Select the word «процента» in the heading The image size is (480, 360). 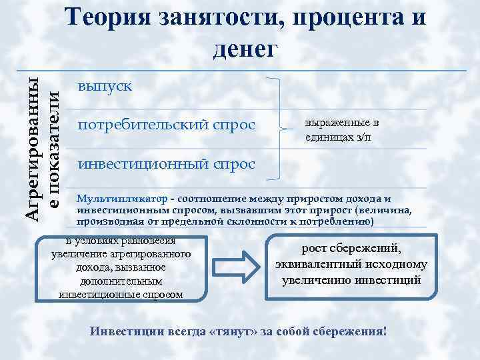[x=338, y=18]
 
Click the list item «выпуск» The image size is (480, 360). [x=105, y=87]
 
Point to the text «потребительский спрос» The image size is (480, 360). [x=167, y=125]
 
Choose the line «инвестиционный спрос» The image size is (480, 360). [x=167, y=164]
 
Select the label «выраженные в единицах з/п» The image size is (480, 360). [x=342, y=129]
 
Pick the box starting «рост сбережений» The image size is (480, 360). [x=351, y=265]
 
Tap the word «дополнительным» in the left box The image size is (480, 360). [x=121, y=281]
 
